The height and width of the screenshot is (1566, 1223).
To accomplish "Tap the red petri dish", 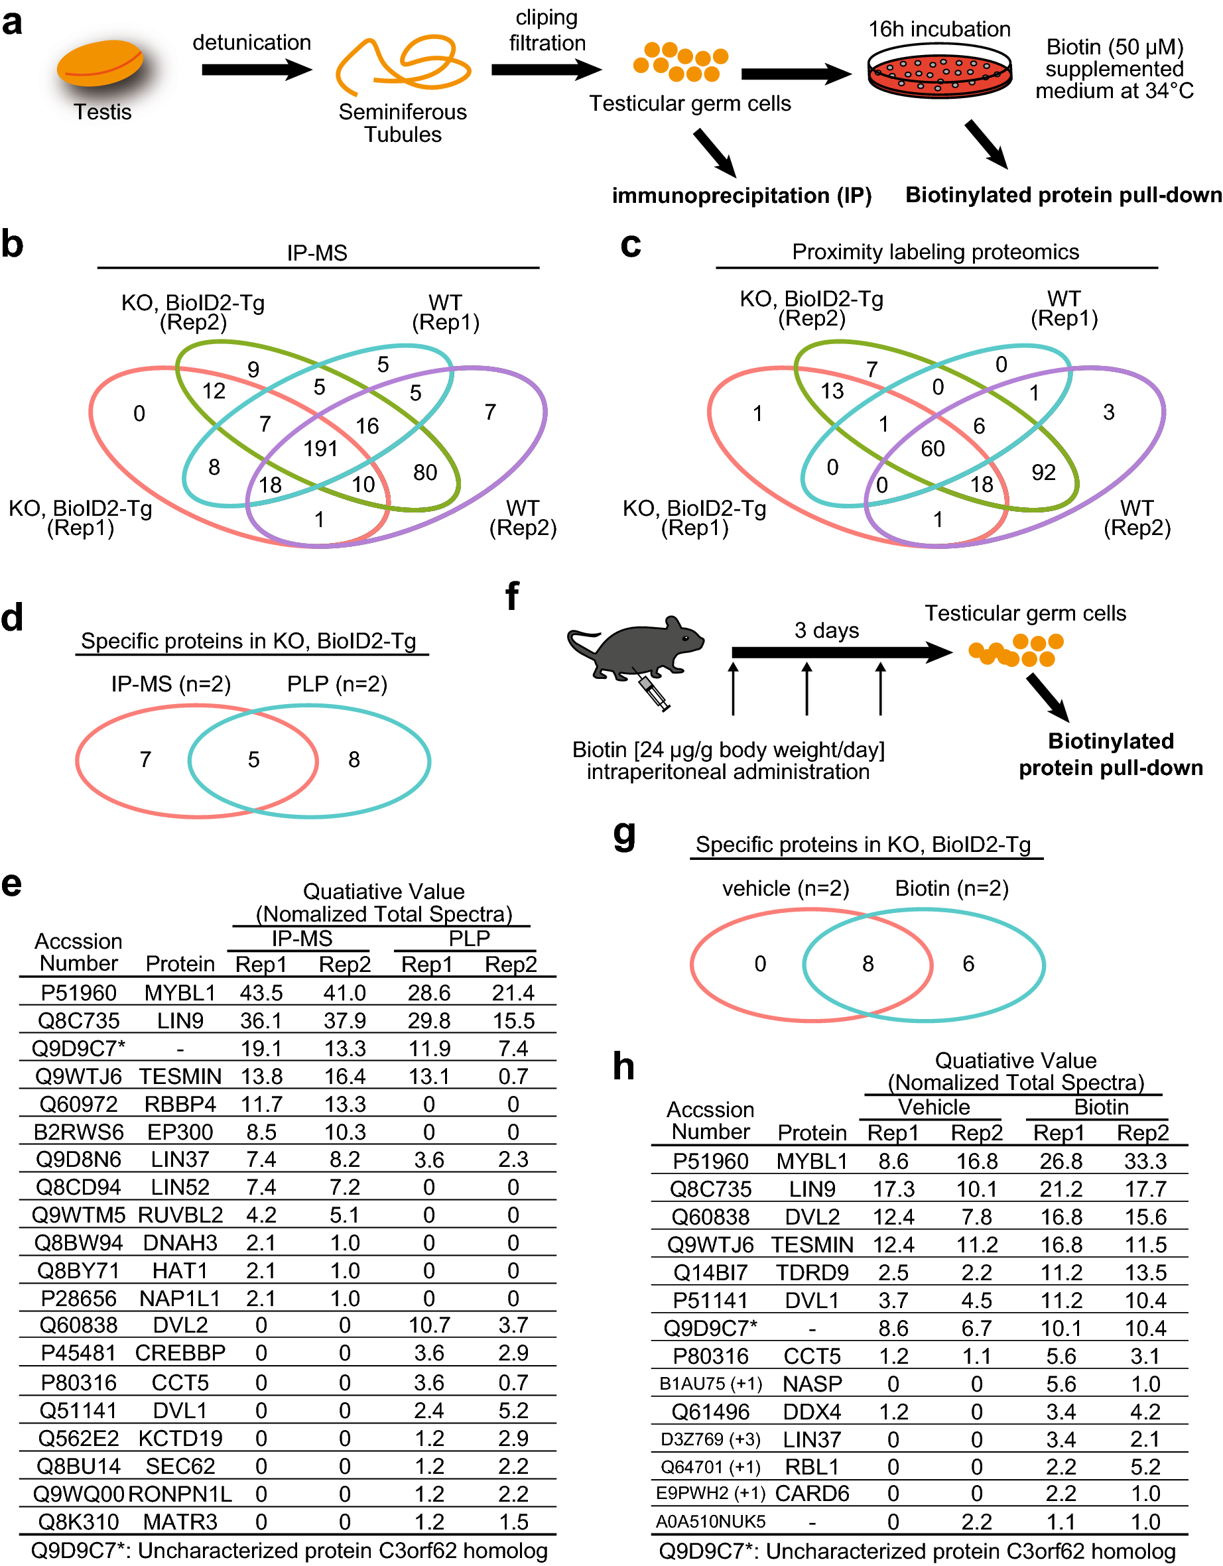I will pyautogui.click(x=938, y=71).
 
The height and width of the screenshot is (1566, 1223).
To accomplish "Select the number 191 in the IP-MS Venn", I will pyautogui.click(x=320, y=449).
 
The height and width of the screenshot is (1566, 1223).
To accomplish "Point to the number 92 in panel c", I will pyautogui.click(x=1043, y=473).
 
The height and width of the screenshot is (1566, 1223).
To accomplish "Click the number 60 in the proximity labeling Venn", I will pyautogui.click(x=932, y=449).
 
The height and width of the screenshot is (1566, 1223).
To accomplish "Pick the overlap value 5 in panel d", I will pyautogui.click(x=253, y=760).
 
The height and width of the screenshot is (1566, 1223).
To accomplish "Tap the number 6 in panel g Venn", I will pyautogui.click(x=968, y=964).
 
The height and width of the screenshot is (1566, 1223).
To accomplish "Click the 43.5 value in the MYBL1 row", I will pyautogui.click(x=261, y=993).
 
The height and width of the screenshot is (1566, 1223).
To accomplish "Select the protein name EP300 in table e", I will pyautogui.click(x=180, y=1132).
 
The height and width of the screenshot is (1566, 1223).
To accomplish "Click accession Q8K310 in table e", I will pyautogui.click(x=79, y=1522).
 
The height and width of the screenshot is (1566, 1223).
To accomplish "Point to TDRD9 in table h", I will pyautogui.click(x=812, y=1273).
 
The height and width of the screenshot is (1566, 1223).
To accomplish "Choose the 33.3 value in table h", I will pyautogui.click(x=1145, y=1162).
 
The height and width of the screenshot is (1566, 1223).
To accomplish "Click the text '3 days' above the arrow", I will pyautogui.click(x=826, y=631).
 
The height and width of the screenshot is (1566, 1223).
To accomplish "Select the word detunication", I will pyautogui.click(x=251, y=42).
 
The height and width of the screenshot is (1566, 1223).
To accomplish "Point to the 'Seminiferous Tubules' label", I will pyautogui.click(x=403, y=123).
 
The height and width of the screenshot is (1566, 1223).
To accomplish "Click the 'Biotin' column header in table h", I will pyautogui.click(x=1100, y=1107).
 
